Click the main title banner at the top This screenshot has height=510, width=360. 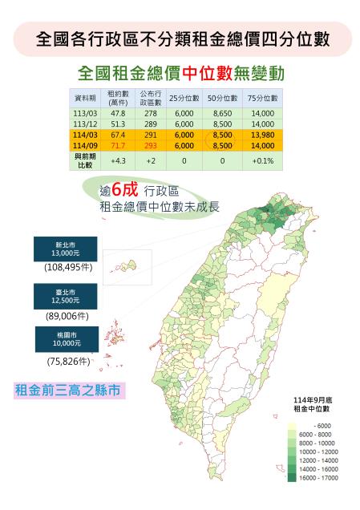(x=180, y=39)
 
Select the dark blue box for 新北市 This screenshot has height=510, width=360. (x=66, y=249)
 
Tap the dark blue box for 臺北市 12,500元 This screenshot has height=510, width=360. (x=66, y=296)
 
